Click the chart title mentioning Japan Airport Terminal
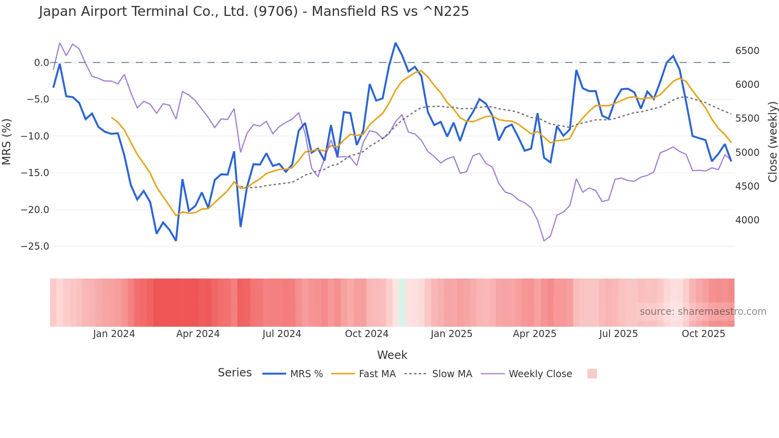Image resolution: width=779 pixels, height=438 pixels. click(254, 12)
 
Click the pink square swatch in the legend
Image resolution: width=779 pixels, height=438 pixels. click(592, 374)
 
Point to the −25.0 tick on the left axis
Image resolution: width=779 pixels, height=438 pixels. click(35, 246)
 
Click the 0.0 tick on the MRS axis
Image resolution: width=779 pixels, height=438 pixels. click(41, 63)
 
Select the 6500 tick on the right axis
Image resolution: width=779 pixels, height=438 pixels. click(747, 51)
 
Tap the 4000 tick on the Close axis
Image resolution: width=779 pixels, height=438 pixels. click(747, 220)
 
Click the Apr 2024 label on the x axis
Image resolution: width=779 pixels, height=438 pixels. click(198, 334)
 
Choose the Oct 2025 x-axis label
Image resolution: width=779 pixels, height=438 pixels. click(703, 334)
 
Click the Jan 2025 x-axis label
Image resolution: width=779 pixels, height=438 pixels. click(451, 334)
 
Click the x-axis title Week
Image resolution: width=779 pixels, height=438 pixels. click(392, 355)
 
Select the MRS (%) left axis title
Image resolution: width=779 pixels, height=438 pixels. click(7, 141)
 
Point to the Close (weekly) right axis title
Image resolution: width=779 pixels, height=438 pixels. click(772, 141)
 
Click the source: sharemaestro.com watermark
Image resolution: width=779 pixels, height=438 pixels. click(703, 312)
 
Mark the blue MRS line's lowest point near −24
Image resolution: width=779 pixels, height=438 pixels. click(176, 240)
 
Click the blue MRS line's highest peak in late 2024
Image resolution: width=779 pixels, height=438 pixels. click(395, 43)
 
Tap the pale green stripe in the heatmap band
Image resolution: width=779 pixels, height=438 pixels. click(402, 302)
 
